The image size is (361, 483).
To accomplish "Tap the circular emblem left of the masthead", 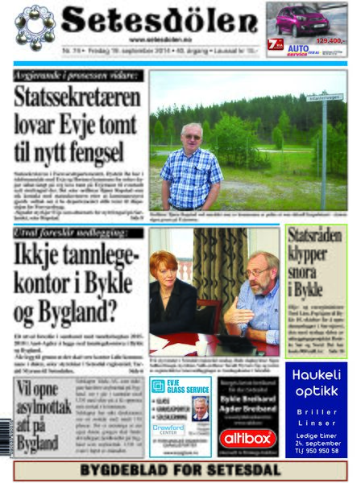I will tap(35, 25).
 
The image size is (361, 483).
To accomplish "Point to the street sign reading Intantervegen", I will tap(324, 97).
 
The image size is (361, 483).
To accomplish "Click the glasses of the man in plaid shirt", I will tap(192, 137).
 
